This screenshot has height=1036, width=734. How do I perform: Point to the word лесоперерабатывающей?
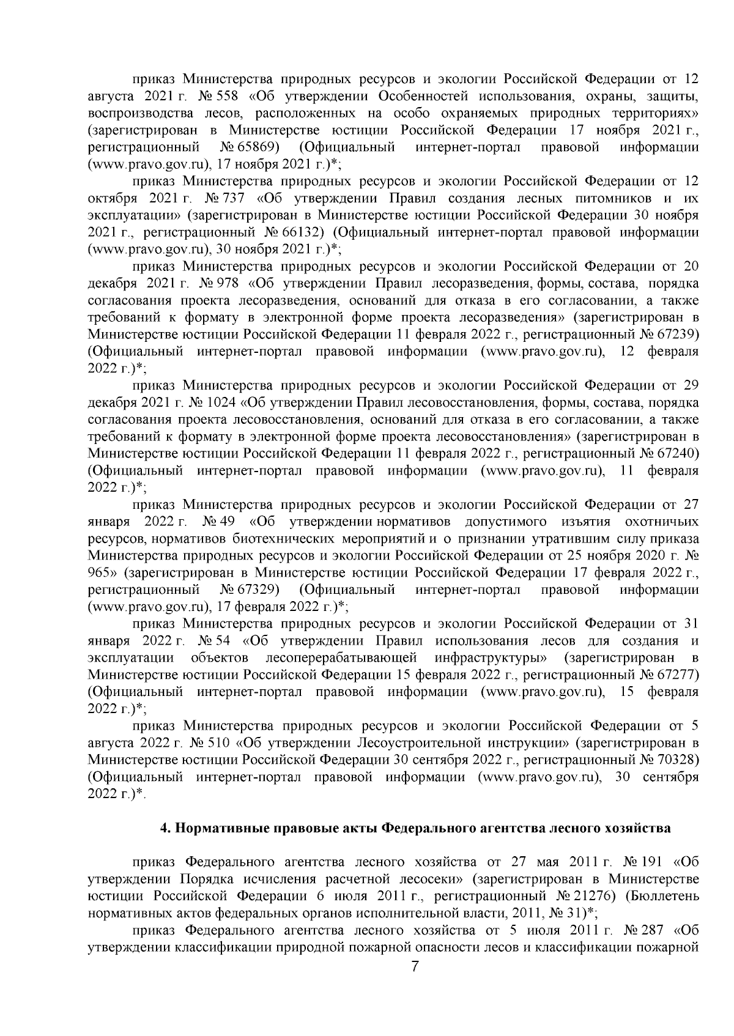342,657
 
